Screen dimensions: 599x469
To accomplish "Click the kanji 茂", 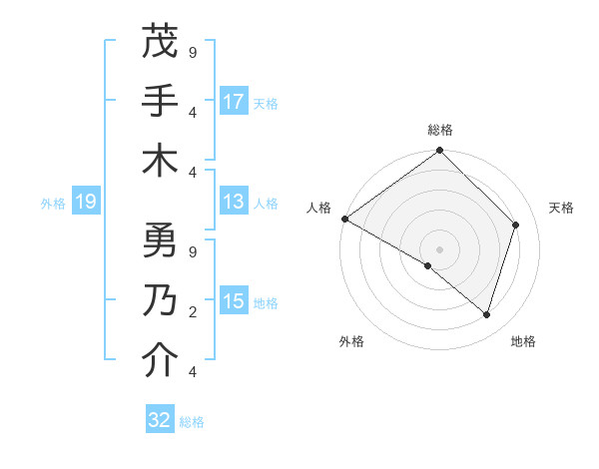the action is point(161,42).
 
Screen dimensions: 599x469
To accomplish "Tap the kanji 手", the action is point(161,101).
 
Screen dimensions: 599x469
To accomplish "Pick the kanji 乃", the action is point(161,300).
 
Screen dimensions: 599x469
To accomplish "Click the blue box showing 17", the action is point(234,101).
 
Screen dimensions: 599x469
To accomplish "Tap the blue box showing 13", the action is point(234,203).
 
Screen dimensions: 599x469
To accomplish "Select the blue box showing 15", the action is point(234,301).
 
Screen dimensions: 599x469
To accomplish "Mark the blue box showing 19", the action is point(85,203).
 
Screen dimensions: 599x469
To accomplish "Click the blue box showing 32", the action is point(160,420).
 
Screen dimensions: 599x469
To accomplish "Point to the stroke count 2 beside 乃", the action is point(193,311).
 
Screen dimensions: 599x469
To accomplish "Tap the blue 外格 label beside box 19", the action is point(53,204).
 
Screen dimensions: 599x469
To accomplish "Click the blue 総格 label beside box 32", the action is point(192,422).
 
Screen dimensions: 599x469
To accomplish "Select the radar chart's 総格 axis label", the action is point(439,130).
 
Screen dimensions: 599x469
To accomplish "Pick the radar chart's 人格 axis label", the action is point(319,208).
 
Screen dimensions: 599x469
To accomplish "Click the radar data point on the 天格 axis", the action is point(516,225).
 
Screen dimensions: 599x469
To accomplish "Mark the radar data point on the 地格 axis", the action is point(486,314).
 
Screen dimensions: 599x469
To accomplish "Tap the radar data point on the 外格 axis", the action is point(427,265).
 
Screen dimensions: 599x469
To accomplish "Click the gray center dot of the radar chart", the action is point(439,248).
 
